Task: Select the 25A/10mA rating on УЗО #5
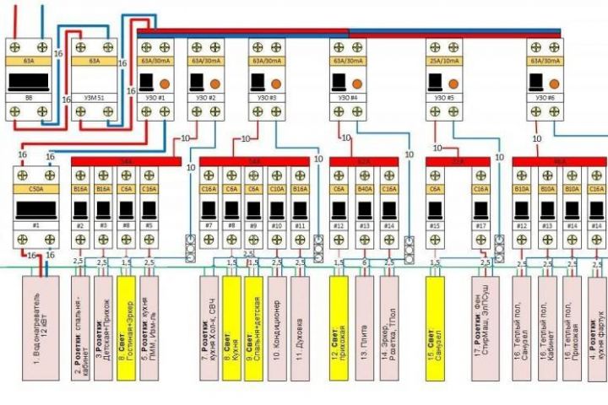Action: pos(445,61)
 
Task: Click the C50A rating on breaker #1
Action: pos(36,190)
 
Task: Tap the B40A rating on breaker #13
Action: pos(365,190)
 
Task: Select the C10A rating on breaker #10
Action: pos(277,190)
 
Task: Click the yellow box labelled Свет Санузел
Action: pos(436,321)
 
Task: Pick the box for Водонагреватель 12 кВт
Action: pos(36,321)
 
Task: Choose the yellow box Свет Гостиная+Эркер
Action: pos(126,321)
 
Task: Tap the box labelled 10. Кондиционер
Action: pos(277,321)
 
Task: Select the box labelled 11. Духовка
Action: pos(300,321)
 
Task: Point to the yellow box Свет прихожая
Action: pos(339,321)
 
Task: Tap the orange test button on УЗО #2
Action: pos(216,84)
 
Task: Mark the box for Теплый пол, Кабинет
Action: pos(547,321)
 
